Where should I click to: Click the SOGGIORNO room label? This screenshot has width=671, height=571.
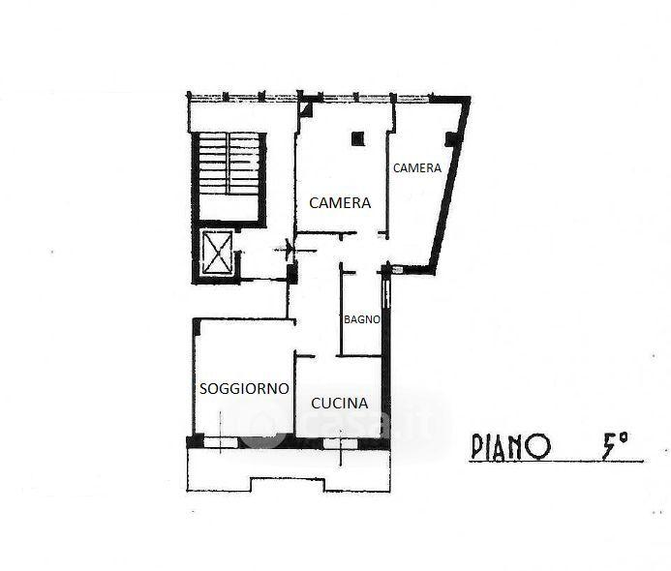click(x=244, y=389)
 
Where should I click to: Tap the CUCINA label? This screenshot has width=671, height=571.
click(x=340, y=404)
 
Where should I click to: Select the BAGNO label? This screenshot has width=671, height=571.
click(x=362, y=319)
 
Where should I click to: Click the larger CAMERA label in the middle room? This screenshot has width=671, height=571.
click(x=340, y=202)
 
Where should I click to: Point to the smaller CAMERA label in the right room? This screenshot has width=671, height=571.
click(x=417, y=168)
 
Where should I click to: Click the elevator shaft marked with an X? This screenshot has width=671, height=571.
click(x=217, y=253)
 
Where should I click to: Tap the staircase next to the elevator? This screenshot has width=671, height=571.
click(x=229, y=176)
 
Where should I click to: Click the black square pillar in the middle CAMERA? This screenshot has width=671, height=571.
click(x=357, y=138)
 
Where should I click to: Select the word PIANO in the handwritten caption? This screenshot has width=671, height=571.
click(x=509, y=447)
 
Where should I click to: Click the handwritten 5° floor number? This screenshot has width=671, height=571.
click(x=615, y=445)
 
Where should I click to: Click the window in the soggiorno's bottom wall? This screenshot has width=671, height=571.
click(x=221, y=442)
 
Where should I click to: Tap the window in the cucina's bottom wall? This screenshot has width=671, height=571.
click(x=341, y=443)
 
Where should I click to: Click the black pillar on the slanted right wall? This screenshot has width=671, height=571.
click(x=451, y=139)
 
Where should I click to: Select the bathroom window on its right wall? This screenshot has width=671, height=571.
click(x=386, y=293)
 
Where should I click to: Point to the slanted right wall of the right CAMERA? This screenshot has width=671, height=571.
click(x=450, y=184)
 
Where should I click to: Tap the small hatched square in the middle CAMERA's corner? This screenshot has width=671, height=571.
click(x=306, y=108)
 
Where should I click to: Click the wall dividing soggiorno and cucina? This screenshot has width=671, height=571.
click(x=295, y=394)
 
